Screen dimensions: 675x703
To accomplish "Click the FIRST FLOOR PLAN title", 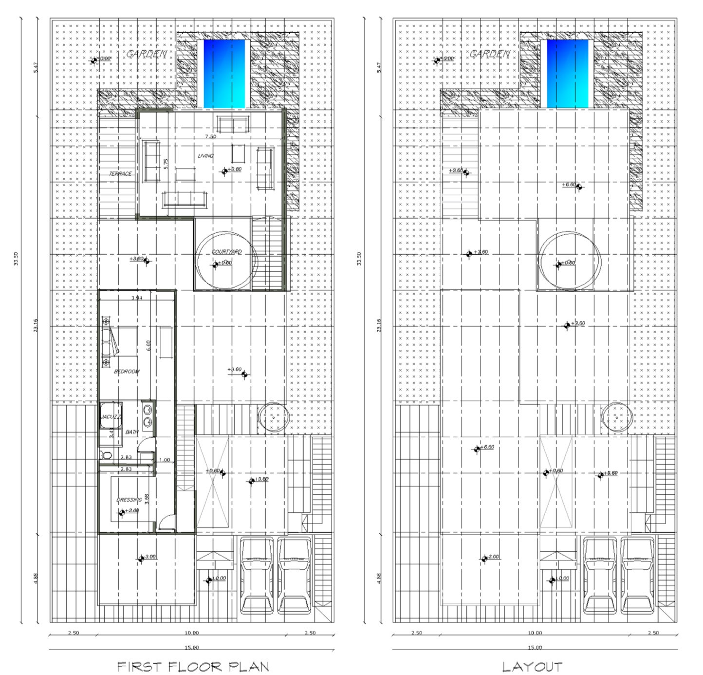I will [x=193, y=666].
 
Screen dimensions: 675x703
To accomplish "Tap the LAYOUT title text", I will [x=532, y=666].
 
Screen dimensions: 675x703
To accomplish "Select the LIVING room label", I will [x=205, y=156].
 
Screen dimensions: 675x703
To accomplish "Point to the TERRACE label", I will [x=120, y=174].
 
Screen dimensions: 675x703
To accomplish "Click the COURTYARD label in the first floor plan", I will [x=226, y=252].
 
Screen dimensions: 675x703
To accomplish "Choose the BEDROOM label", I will [x=127, y=372].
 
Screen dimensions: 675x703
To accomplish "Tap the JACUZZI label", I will [x=111, y=417].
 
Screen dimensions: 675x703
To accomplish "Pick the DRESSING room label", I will [x=129, y=500].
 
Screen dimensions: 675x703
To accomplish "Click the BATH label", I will [x=132, y=432].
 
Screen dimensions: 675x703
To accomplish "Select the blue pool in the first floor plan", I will [x=224, y=73].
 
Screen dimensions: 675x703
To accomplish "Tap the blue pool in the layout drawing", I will [x=567, y=73].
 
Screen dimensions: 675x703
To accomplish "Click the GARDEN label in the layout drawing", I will [x=490, y=54].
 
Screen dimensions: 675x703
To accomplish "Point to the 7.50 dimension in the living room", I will [x=210, y=137].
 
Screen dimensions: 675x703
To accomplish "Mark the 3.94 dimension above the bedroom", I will [x=137, y=298].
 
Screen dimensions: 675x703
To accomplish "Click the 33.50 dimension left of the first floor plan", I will [x=17, y=259].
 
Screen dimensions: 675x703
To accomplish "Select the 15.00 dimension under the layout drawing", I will [x=535, y=647].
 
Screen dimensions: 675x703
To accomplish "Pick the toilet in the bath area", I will [x=106, y=455].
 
